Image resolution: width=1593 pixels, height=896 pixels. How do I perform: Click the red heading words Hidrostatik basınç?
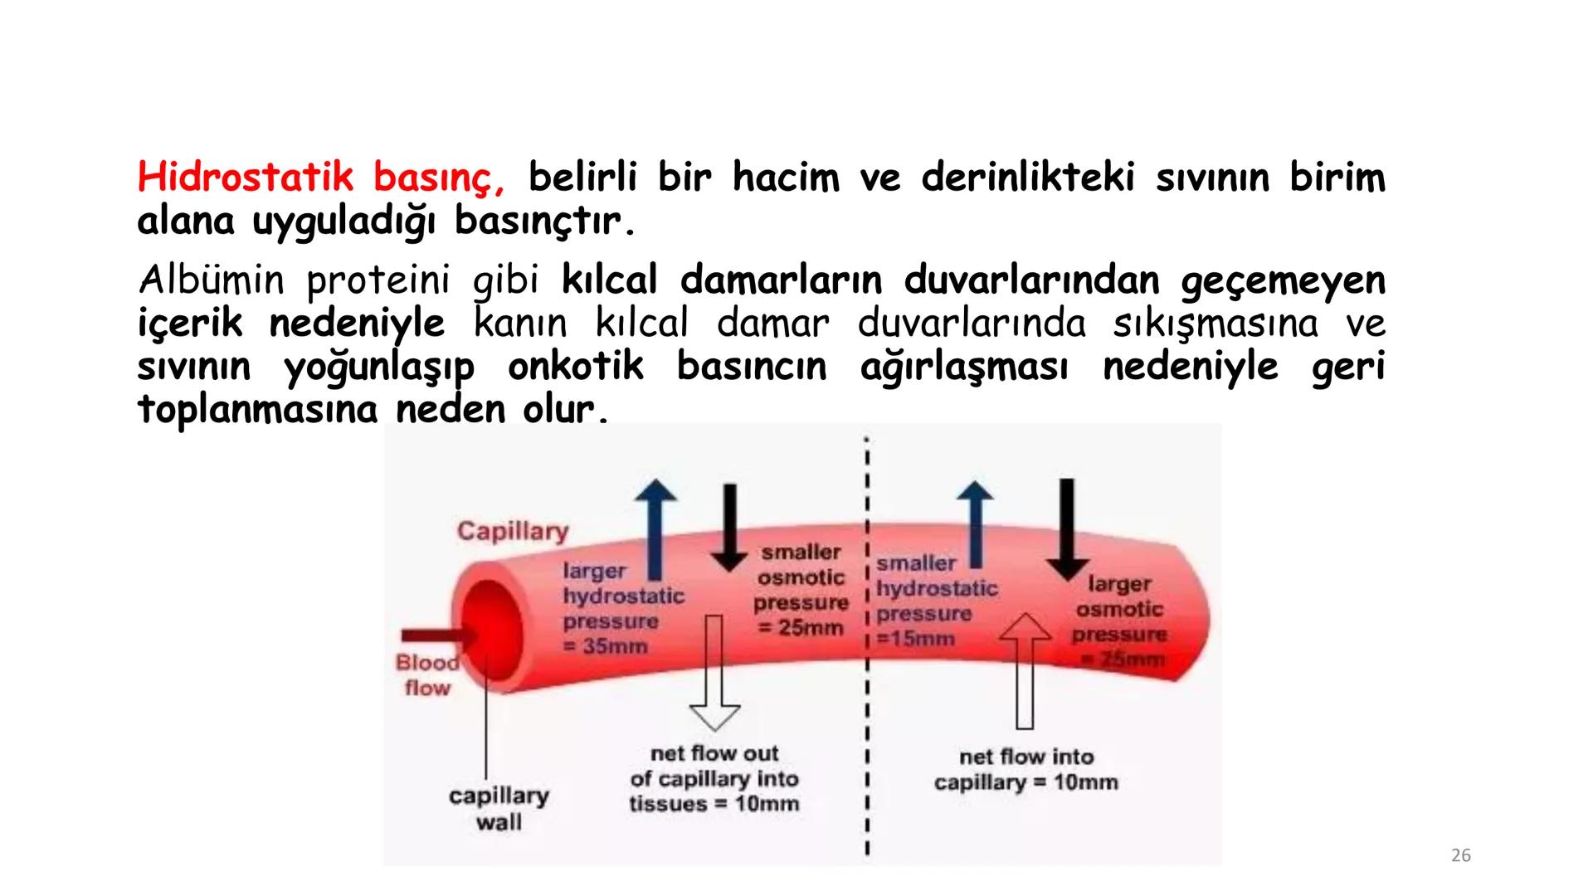[320, 178]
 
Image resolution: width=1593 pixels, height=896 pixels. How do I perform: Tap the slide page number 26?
[1460, 855]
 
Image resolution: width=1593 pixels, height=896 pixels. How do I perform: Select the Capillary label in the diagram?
[512, 531]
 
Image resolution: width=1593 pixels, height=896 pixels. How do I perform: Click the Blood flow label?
[426, 674]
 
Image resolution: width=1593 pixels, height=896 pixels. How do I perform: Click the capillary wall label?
[499, 808]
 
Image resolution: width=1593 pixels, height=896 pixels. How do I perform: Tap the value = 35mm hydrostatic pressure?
[606, 645]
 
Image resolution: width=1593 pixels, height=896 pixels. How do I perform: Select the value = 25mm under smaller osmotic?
[800, 628]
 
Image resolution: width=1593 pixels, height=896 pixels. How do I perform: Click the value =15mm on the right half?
[916, 639]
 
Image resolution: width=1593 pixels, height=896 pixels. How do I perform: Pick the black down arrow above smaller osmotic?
[729, 528]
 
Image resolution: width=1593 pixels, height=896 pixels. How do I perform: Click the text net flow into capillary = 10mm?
[1025, 769]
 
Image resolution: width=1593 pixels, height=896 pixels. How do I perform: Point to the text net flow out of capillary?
[714, 778]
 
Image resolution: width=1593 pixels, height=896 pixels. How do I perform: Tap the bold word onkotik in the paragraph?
[575, 367]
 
